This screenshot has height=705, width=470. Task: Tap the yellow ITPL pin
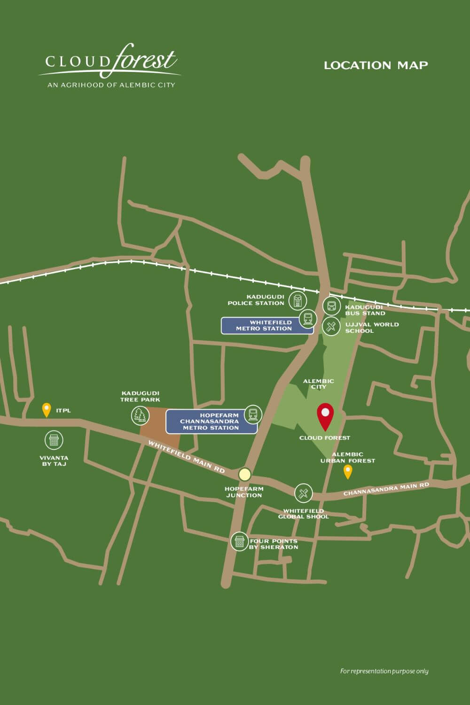coord(47,409)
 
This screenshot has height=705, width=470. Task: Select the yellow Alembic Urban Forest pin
coord(348,471)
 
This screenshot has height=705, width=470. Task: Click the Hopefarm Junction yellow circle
coord(244,474)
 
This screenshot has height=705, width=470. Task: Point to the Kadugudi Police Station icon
coord(298,300)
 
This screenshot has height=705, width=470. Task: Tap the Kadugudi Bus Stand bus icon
coord(331,306)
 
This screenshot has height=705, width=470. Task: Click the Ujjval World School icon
coord(331,326)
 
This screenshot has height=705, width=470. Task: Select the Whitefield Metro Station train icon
coord(308,319)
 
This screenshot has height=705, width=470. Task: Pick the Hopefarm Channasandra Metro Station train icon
coord(253,414)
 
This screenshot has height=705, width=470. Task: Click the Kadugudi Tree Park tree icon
coord(140,415)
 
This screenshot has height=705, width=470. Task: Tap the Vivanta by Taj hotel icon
coord(54,440)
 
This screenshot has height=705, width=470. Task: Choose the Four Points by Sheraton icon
coord(239,541)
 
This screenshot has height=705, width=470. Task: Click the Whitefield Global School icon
coord(303,493)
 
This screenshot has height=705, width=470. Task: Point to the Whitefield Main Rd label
coord(187,457)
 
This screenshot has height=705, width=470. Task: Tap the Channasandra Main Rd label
coord(386,489)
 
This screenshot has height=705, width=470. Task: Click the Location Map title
coord(376,65)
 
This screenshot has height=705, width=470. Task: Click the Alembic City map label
coord(319,384)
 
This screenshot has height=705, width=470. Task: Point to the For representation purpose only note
coord(384,671)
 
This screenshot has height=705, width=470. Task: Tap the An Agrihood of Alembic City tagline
coord(111,85)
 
